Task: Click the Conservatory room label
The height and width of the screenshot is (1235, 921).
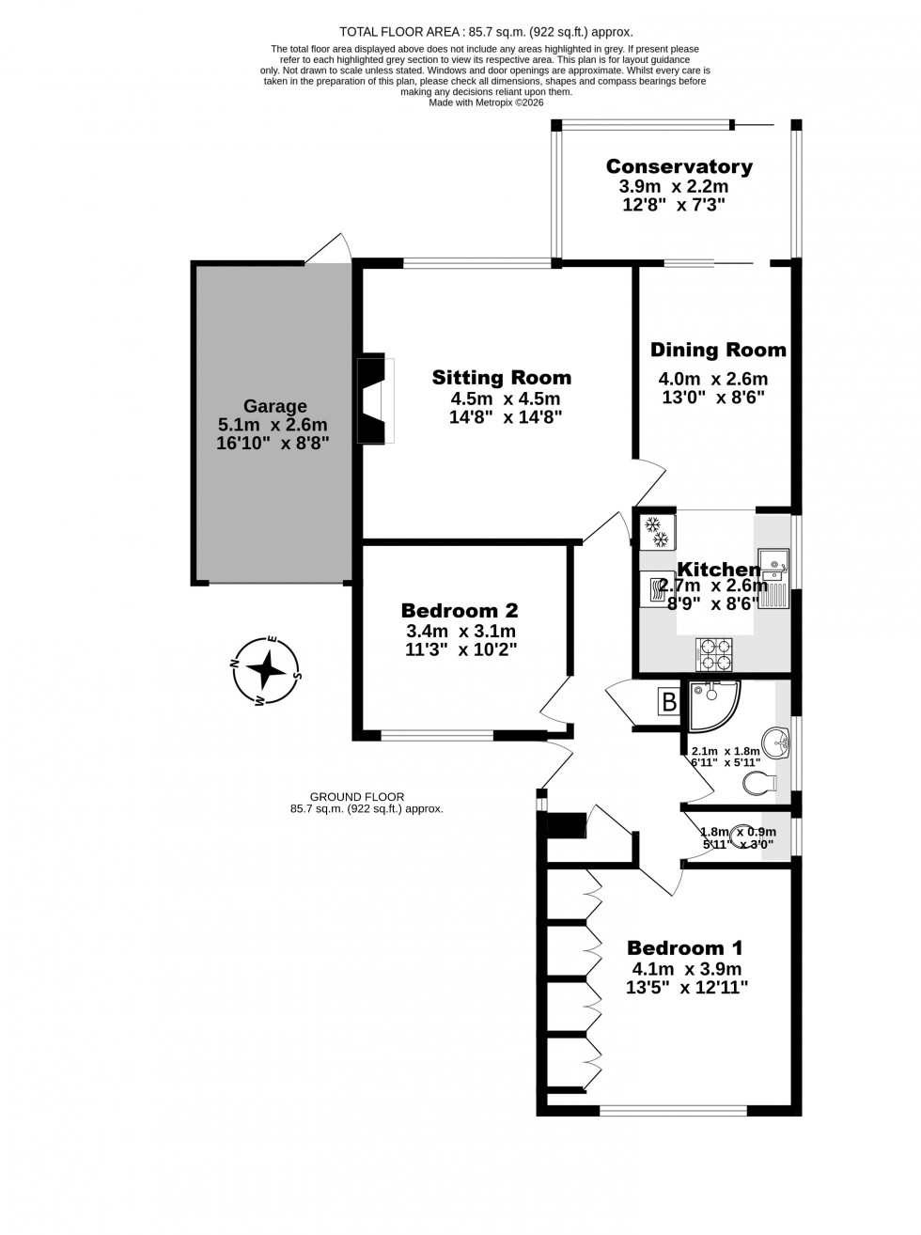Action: click(x=679, y=166)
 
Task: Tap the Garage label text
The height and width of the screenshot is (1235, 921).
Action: click(x=275, y=406)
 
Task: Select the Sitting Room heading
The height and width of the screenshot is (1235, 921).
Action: click(x=501, y=378)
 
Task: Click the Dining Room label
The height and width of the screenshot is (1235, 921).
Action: click(x=718, y=350)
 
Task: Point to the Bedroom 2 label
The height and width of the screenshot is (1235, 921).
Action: click(x=459, y=610)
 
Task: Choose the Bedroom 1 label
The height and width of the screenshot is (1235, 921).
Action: click(x=686, y=948)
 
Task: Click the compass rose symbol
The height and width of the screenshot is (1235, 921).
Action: click(x=267, y=670)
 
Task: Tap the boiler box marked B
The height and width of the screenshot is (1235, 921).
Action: click(x=669, y=702)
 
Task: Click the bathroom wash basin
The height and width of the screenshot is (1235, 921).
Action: click(x=778, y=743)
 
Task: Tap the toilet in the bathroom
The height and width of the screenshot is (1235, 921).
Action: click(x=759, y=782)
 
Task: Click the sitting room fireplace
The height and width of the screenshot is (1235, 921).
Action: click(x=376, y=399)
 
